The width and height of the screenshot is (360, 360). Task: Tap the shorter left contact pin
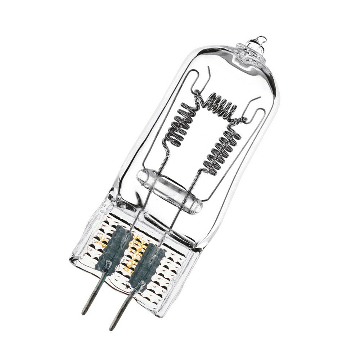point(94,292)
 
